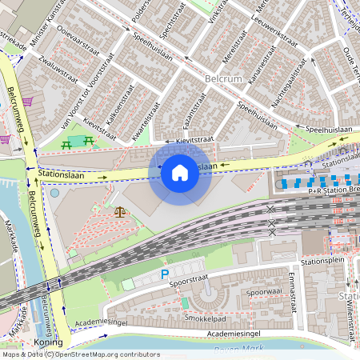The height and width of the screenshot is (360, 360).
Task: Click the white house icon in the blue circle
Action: (180, 172)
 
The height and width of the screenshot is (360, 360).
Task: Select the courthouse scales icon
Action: (121, 212)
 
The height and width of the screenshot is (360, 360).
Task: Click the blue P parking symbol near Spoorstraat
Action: (165, 274)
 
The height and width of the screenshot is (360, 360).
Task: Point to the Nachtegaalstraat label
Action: (290, 82)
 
